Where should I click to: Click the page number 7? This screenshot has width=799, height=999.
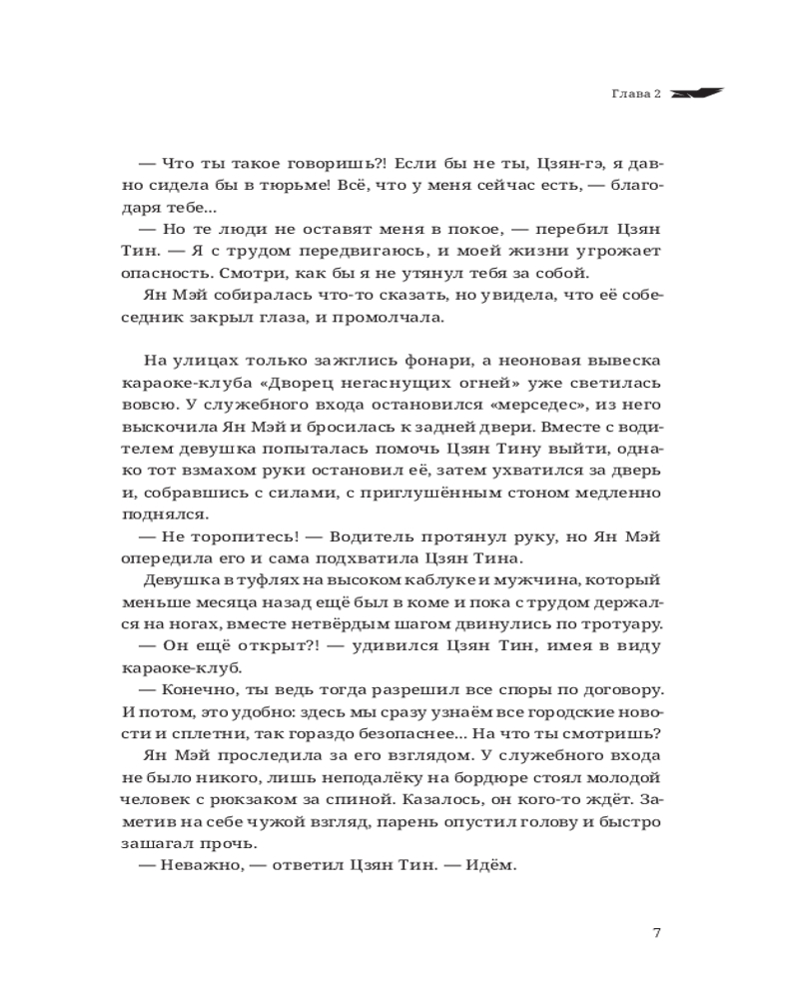pyautogui.click(x=656, y=933)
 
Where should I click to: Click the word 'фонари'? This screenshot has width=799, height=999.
pyautogui.click(x=411, y=361)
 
